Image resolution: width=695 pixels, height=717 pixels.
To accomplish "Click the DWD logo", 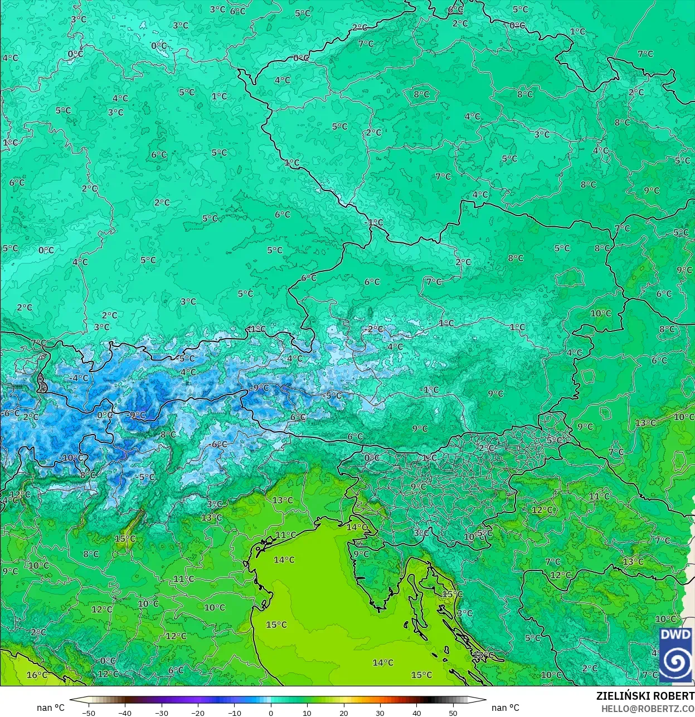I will coord(675,655).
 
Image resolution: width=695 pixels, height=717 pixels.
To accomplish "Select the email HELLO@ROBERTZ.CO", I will coord(648,708).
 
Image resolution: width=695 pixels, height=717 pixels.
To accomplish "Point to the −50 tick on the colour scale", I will coord(88,713).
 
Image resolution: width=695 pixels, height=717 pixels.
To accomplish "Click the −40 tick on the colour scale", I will coord(125,713).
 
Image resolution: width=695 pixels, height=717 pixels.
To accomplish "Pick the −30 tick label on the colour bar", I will coord(161,713).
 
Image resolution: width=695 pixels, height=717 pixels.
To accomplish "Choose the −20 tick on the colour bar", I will coord(198,713).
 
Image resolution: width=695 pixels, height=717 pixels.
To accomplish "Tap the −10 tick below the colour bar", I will coord(234,713).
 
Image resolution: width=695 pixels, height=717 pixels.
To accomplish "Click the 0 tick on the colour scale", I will coord(271,713).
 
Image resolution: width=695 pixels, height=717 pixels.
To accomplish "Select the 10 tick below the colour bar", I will coord(307,713).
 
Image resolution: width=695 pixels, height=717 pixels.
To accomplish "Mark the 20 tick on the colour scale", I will coord(343,713).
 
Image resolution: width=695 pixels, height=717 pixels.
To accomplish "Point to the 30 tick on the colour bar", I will coord(380,713).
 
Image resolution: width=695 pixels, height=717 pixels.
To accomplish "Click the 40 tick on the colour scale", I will coord(416,713).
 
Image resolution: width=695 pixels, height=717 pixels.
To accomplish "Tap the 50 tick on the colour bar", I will coord(453,713).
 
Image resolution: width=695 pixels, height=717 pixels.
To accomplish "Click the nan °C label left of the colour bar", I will coord(51,708).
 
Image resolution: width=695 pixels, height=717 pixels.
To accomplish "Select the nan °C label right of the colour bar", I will coord(505,708).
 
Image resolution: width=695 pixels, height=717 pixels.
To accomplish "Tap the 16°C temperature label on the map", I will coord(37,675).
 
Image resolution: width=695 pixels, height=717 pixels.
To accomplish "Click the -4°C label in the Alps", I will coord(79,378).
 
